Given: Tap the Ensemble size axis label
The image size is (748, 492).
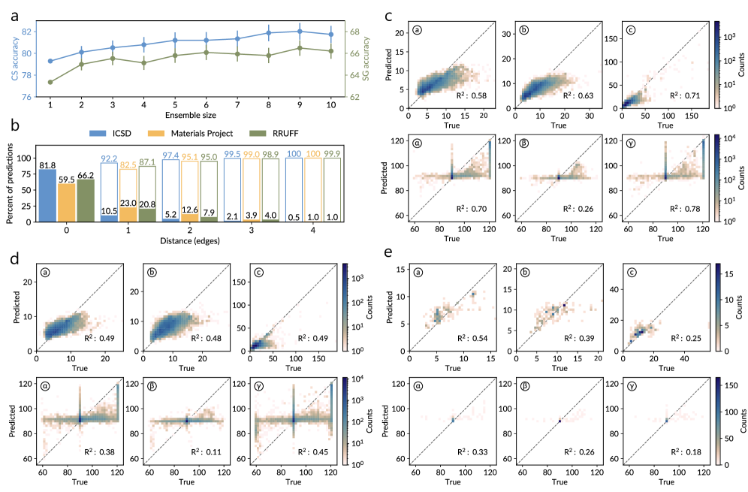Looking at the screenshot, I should coord(191,115).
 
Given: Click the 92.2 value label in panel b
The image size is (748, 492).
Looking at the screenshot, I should coord(110,158).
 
